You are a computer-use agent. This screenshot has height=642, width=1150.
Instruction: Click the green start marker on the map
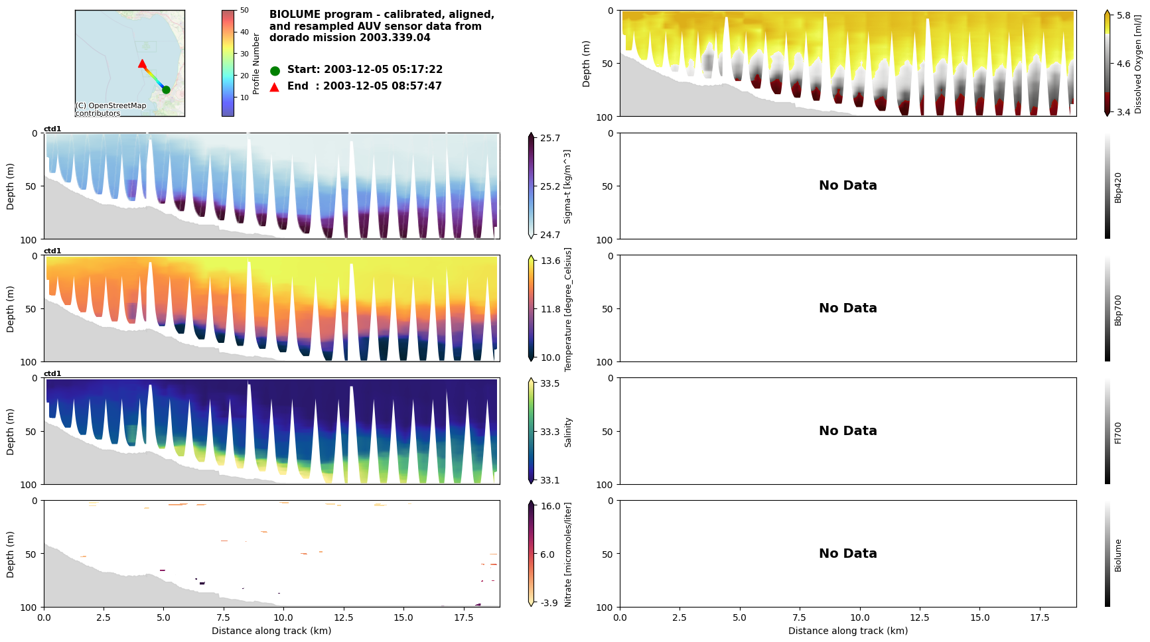(166, 90)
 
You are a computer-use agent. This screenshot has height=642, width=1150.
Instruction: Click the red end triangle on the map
(142, 64)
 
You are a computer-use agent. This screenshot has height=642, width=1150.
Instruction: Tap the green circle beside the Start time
(275, 70)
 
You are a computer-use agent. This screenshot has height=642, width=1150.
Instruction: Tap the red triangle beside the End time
(275, 87)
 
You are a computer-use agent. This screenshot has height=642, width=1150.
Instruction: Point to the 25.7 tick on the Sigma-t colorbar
(549, 138)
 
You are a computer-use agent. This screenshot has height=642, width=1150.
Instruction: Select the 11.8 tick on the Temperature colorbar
(550, 309)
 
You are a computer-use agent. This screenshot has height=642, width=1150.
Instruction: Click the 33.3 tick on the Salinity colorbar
(549, 432)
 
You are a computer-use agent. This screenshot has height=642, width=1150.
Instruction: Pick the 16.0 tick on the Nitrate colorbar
(550, 506)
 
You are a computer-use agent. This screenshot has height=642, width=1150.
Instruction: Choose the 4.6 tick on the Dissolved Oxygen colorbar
(1123, 64)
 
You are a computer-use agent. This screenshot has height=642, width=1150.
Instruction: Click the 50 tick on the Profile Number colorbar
(244, 10)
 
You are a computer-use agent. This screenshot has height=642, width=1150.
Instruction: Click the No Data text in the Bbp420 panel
(847, 186)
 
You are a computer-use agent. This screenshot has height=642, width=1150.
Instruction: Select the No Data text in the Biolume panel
(847, 554)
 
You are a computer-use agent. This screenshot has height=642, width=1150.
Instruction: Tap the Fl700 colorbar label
(1118, 432)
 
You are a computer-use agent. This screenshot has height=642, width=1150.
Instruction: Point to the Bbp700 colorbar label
(1118, 310)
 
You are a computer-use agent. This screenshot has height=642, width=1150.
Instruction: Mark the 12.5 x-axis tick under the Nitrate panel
(343, 617)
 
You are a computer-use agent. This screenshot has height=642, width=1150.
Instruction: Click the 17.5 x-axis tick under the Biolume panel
(1039, 617)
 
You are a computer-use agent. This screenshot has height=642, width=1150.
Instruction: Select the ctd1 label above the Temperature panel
(52, 251)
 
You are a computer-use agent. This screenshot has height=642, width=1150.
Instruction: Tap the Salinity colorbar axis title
(569, 432)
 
